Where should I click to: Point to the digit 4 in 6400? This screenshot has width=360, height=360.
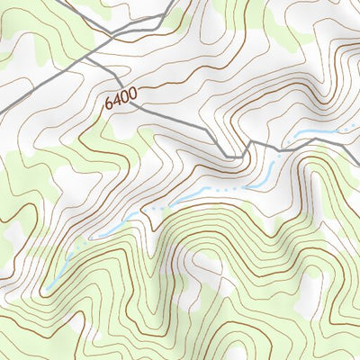[x=115, y=101]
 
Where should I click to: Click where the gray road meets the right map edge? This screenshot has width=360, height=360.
[x=357, y=135]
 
